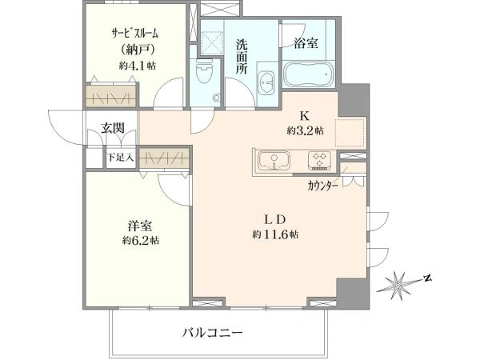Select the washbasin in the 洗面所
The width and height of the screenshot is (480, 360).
click(x=267, y=83)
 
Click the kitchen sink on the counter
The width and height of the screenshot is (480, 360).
click(x=274, y=161)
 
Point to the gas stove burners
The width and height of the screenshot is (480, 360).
click(x=320, y=160)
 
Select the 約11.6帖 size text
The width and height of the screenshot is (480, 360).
click(x=275, y=234)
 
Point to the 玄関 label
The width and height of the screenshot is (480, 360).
click(x=113, y=128)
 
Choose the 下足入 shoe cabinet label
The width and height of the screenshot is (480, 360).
click(x=121, y=158)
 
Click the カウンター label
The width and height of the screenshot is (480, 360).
click(x=323, y=186)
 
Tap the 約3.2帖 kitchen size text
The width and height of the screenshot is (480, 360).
click(x=305, y=130)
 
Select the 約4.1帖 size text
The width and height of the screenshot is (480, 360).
click(x=137, y=65)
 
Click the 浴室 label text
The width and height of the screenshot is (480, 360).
click(x=306, y=43)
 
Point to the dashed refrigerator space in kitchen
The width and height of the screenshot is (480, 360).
click(x=350, y=133)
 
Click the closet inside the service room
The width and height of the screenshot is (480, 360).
click(x=110, y=95)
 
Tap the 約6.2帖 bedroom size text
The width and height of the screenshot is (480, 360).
click(x=141, y=240)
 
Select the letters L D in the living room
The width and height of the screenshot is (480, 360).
click(x=275, y=219)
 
